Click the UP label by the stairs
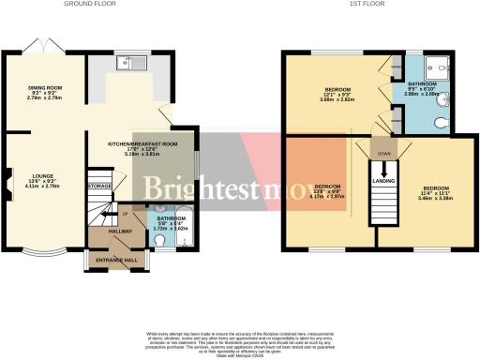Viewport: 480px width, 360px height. pos(109,214)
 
